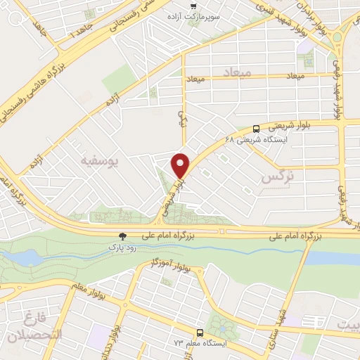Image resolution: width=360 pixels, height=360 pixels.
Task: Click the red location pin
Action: pyautogui.click(x=181, y=165)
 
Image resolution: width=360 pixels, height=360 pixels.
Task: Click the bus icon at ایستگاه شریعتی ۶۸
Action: pyautogui.click(x=255, y=129)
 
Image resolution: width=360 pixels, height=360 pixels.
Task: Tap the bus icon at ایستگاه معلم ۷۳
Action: pyautogui.click(x=199, y=333)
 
